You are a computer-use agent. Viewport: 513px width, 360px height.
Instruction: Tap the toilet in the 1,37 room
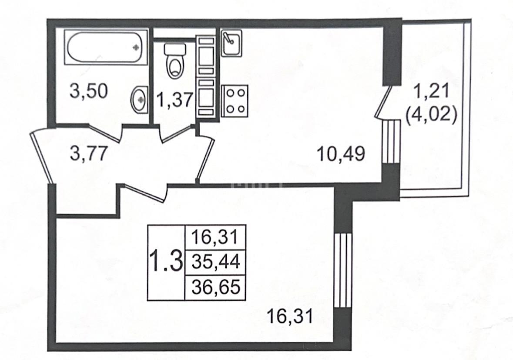pyautogui.click(x=175, y=60)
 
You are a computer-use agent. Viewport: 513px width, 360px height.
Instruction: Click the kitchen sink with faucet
pyautogui.click(x=231, y=43)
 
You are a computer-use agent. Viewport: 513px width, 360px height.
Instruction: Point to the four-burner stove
pyautogui.click(x=235, y=101)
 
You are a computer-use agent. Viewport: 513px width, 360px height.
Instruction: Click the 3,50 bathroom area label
pyautogui.click(x=89, y=91)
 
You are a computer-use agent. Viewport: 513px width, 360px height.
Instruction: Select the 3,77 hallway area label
pyautogui.click(x=89, y=153)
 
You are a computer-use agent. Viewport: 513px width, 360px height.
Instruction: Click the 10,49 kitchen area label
pyautogui.click(x=342, y=153)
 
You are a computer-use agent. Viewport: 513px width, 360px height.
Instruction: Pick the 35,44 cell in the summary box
pyautogui.click(x=216, y=262)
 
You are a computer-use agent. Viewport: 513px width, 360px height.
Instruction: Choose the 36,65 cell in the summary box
pyautogui.click(x=216, y=287)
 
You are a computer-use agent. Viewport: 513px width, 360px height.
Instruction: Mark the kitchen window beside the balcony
pyautogui.click(x=392, y=141)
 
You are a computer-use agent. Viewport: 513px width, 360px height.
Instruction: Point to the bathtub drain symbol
pyautogui.click(x=136, y=47)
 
